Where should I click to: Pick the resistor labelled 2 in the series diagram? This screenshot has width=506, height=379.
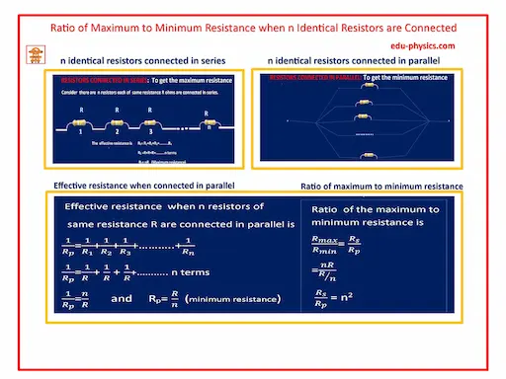point(116,119)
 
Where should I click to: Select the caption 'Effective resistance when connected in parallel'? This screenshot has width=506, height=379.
point(132,187)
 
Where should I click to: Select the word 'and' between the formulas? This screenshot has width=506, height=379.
point(121,297)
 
